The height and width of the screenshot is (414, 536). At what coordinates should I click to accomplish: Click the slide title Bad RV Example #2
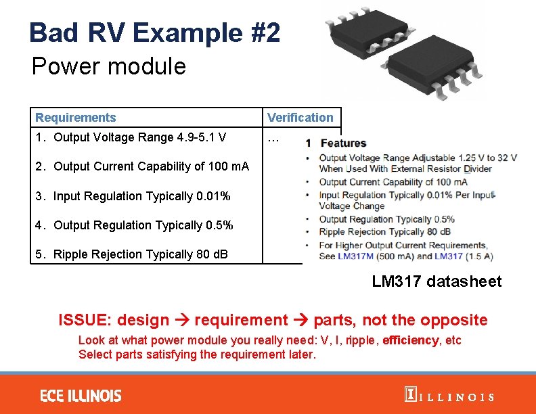154,32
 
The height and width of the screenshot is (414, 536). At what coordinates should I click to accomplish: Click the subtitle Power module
108,66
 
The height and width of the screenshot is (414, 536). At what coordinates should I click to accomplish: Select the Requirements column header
76,118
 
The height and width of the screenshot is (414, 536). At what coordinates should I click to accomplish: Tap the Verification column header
300,118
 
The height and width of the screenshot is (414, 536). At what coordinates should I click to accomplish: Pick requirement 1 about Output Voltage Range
131,138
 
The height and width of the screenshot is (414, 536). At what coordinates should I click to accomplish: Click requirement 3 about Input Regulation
133,196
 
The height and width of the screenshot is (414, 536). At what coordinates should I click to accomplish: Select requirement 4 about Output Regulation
134,225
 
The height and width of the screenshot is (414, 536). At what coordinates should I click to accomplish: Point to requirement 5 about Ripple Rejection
131,254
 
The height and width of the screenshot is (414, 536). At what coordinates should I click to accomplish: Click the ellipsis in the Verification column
273,139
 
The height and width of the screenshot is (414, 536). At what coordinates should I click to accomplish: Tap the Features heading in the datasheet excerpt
342,143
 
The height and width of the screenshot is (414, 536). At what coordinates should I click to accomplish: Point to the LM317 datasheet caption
437,281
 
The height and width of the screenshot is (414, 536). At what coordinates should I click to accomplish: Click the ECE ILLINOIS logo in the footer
81,396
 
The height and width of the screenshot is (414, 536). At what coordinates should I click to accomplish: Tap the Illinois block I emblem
409,395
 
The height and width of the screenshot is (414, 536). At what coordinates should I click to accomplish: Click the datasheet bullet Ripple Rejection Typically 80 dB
385,232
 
